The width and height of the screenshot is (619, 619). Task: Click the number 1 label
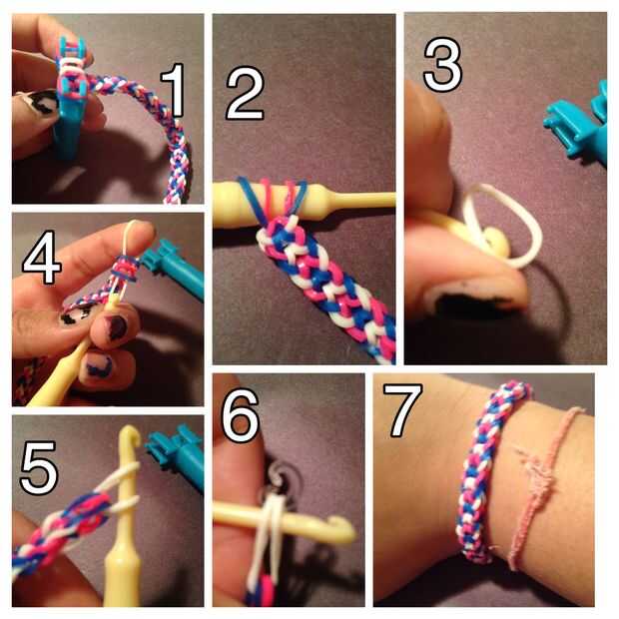pos(174,91)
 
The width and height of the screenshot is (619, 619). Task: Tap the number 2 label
pos(245,93)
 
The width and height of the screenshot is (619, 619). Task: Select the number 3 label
pos(442,65)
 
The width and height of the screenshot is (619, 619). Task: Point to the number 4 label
pos(42,258)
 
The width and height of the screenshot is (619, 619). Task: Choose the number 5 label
pos(39,467)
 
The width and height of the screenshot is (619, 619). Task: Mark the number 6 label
pos(240,415)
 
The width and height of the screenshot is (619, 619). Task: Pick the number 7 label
pos(402,410)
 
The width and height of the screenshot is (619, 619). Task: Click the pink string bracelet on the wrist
pos(541,485)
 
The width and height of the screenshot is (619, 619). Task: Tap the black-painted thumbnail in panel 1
pos(40,102)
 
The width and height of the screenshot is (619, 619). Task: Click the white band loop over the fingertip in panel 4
pos(129,237)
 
